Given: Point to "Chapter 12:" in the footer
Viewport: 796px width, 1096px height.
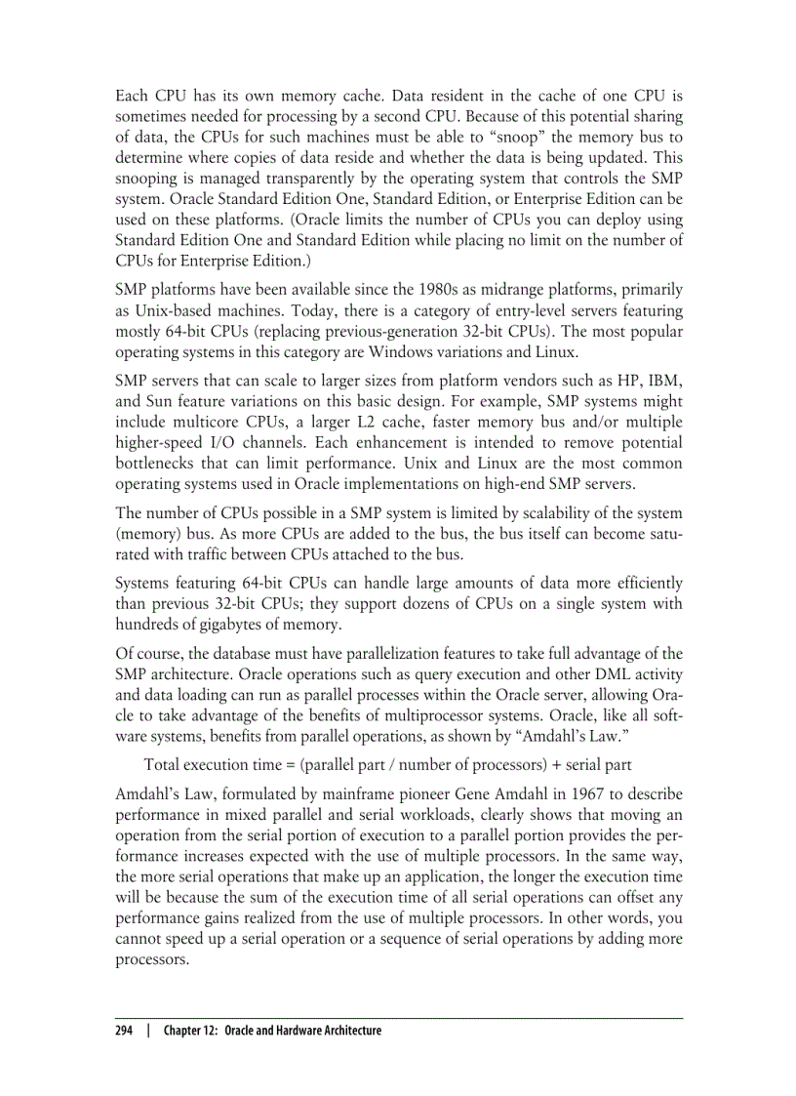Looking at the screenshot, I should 191,1031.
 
